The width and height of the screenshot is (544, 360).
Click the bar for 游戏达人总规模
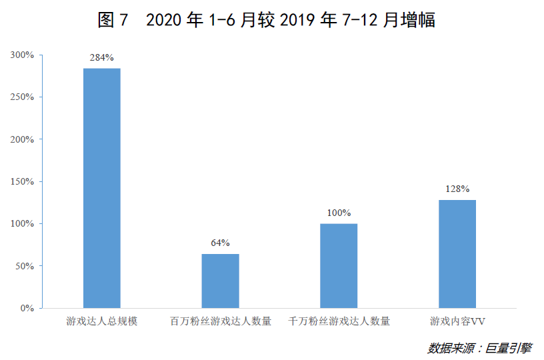point(102,188)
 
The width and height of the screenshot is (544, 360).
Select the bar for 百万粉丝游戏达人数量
point(221,281)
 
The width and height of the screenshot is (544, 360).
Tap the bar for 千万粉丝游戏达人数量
point(339,266)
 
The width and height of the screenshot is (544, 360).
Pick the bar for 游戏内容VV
point(457,254)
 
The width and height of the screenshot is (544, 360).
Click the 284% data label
point(102,58)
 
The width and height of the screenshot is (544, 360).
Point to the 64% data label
point(221,243)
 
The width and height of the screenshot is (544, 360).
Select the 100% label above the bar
point(339,213)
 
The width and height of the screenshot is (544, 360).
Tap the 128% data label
point(457,189)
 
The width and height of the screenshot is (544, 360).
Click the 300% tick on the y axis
point(22,55)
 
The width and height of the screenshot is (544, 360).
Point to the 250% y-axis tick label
point(22,97)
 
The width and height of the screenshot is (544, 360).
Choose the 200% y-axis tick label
point(22,139)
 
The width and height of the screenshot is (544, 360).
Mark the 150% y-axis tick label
point(22,181)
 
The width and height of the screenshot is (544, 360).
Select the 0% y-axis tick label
point(27,308)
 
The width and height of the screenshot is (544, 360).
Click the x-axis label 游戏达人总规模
point(102,322)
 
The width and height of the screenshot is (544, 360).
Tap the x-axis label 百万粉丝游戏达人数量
point(221,322)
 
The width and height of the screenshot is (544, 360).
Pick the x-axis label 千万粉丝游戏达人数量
point(339,322)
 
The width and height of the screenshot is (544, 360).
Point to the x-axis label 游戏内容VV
point(457,322)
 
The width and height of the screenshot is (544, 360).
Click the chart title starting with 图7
point(266,21)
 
